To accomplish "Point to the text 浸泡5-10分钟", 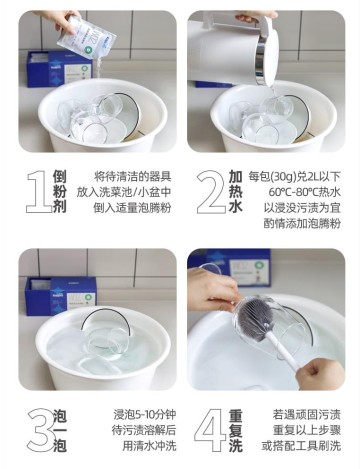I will click(130, 412).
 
